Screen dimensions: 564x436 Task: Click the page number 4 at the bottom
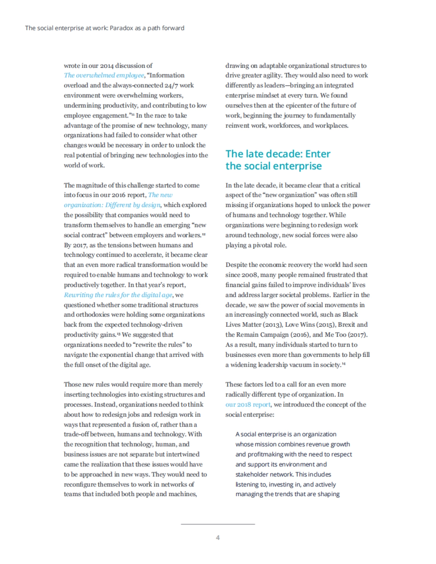coord(218,538)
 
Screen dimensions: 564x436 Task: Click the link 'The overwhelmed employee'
coord(104,75)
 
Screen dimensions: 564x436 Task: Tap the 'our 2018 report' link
coord(248,404)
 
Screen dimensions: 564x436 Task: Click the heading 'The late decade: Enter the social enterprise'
coord(278,160)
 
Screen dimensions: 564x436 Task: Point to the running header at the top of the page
coord(105,28)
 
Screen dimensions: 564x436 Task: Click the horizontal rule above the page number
coord(218,524)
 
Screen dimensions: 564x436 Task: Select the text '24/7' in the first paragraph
coord(171,85)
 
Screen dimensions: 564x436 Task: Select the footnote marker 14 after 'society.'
coord(344,364)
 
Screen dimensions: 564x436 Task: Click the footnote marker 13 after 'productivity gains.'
coord(118,334)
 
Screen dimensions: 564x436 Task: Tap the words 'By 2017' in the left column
coord(76,245)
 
